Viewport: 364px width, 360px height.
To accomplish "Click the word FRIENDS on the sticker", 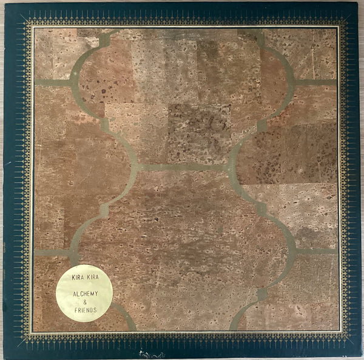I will click(x=84, y=308).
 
